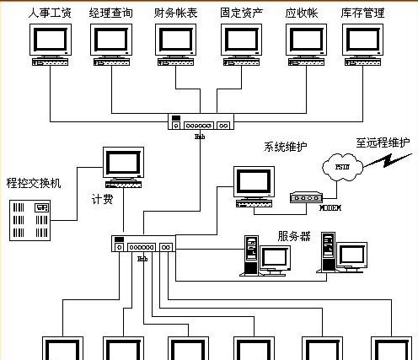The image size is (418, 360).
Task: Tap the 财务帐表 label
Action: [x=178, y=13]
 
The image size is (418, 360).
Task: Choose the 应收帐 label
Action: [x=306, y=13]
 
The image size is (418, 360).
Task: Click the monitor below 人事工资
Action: [x=51, y=40]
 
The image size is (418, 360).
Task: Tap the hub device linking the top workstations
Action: [x=200, y=123]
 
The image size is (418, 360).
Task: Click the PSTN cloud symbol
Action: [x=342, y=166]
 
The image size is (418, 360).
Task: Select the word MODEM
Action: [x=330, y=207]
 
